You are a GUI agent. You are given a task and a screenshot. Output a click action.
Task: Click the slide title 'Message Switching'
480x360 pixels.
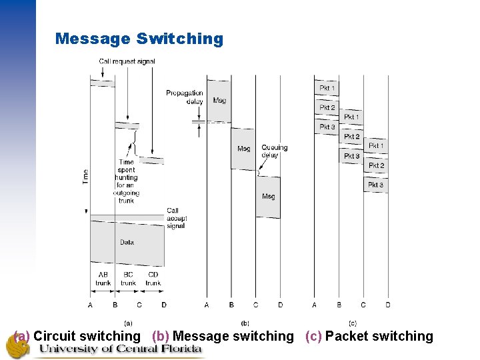pos(139,39)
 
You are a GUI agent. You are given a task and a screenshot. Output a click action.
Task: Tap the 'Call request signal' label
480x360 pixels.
pos(127,61)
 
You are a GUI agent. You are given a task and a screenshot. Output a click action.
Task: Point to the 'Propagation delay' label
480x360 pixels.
pos(185,97)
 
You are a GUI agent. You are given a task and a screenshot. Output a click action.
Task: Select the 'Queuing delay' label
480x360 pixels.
pos(274,151)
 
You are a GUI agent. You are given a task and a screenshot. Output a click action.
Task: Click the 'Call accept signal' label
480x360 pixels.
pos(176,218)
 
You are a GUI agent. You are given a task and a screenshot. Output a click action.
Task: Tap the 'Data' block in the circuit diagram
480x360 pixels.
pos(127,242)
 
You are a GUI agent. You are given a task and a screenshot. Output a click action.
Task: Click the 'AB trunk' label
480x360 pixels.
pos(103,279)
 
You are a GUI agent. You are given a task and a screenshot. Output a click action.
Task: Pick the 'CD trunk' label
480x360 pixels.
pos(153,279)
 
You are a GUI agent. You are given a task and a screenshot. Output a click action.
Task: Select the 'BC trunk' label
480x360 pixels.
pos(128,279)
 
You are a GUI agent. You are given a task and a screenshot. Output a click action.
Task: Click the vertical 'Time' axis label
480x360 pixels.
pos(85,177)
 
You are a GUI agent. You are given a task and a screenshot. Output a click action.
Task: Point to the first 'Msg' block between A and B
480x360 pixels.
pos(219,101)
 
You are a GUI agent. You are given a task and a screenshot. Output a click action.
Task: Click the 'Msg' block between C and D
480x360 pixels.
pos(268,197)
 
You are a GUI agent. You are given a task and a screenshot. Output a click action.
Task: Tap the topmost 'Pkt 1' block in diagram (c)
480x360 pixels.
pos(327,88)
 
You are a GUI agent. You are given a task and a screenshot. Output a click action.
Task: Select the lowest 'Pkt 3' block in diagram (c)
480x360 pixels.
pos(375,185)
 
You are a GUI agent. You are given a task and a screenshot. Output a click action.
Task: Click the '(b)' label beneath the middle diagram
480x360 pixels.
pos(244,323)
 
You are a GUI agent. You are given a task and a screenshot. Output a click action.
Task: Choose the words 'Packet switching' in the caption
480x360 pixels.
pos(379,337)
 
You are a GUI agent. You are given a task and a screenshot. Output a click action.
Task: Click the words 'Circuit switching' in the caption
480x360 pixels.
pos(87,337)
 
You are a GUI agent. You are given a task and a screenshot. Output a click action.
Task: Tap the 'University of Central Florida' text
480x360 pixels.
pos(120,349)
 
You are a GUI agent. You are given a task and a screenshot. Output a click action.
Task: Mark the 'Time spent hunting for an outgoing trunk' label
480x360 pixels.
pos(126,181)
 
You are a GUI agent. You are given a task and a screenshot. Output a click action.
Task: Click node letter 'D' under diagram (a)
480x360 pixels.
pos(164,305)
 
